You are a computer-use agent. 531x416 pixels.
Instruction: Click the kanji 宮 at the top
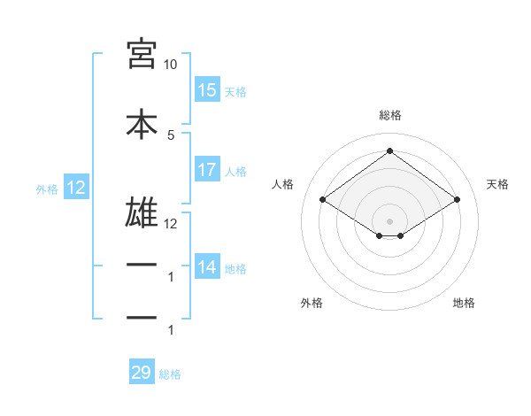142,54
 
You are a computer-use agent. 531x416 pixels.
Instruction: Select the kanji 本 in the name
142,124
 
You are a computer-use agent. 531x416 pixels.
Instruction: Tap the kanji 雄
142,212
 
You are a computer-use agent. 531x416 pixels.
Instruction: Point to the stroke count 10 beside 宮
170,65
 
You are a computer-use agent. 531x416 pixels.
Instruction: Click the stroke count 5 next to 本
171,135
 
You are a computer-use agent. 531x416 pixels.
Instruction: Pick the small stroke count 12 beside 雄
170,224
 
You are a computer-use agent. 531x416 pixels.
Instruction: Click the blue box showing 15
208,89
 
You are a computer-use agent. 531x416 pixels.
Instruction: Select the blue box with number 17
208,169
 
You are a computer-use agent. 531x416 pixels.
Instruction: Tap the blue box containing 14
208,266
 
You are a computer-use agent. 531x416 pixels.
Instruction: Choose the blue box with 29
142,371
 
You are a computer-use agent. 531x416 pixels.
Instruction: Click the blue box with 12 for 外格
76,187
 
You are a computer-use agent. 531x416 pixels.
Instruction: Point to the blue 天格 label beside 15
235,92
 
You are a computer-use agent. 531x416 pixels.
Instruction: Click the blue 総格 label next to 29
170,374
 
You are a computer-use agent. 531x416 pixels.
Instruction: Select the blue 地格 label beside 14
235,269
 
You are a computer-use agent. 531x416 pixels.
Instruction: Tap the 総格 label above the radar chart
390,115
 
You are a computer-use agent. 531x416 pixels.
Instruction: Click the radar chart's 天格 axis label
497,184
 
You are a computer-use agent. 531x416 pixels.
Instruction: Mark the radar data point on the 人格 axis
323,199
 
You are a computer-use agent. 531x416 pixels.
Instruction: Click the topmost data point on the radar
389,150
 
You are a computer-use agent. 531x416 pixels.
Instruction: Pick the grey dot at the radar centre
389,221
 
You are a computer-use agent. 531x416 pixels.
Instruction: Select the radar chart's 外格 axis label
312,303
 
